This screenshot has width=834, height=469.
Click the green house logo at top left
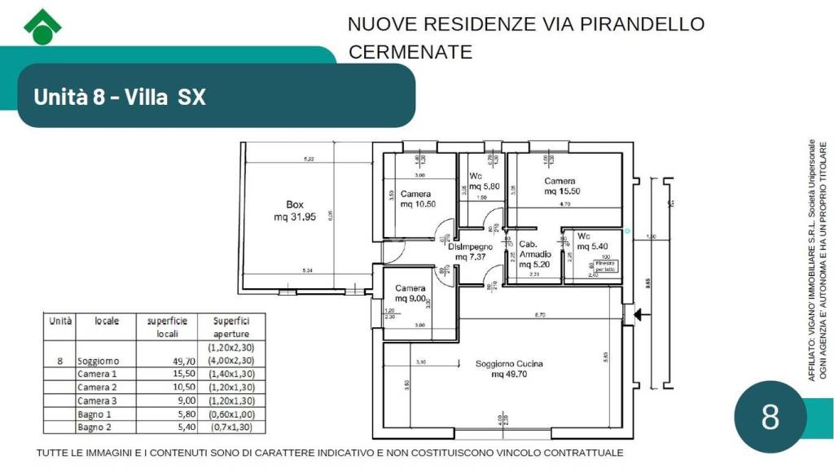42,27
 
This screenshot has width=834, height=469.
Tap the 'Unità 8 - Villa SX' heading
120,97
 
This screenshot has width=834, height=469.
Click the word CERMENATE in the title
410,52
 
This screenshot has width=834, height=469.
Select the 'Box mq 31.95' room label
295,211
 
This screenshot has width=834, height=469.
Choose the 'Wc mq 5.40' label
591,241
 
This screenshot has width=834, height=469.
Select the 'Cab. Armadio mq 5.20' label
535,254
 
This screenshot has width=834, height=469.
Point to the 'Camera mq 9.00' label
410,293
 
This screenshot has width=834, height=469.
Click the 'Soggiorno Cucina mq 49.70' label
509,369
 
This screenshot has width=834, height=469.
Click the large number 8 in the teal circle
770,417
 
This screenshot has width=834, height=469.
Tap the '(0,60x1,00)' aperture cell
226,414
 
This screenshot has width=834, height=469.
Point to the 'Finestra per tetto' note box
605,265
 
